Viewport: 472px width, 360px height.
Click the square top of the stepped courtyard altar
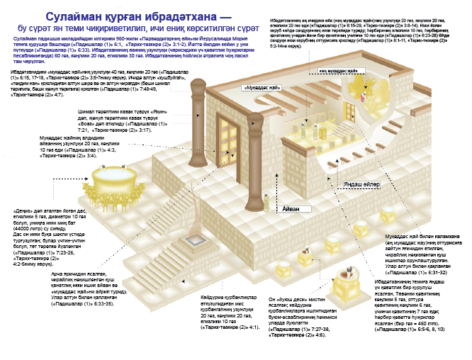coord(192,219)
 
